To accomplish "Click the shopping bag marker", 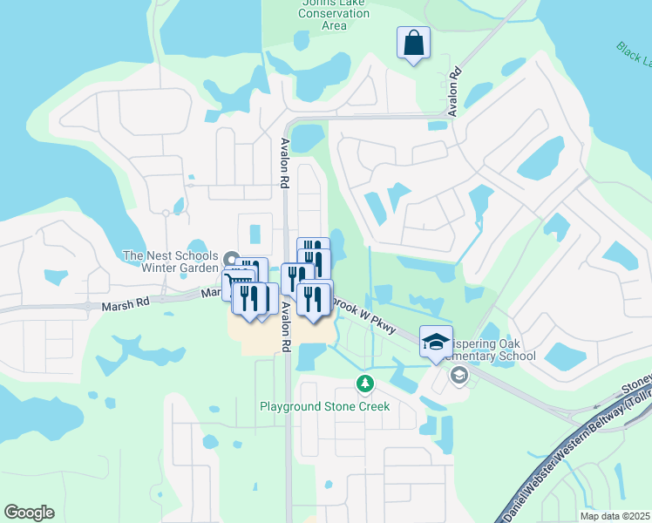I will [x=414, y=43].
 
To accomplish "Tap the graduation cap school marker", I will [x=436, y=342].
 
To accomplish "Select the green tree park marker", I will [x=365, y=384].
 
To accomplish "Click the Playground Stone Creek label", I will [x=324, y=406].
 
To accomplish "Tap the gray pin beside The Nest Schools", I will [x=230, y=259].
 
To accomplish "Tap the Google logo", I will [x=29, y=513].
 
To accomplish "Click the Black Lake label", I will [x=634, y=57].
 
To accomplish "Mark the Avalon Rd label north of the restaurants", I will [x=284, y=164].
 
